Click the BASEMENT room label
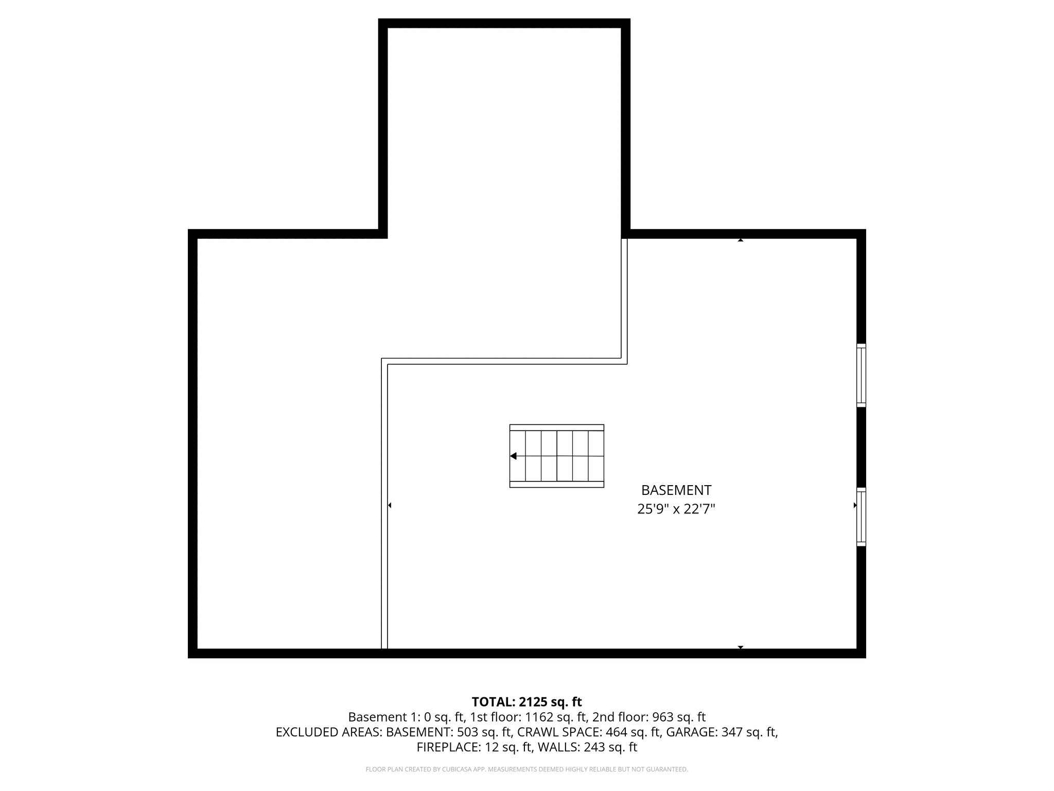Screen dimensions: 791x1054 click(676, 490)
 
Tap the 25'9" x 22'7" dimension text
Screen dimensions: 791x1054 click(676, 509)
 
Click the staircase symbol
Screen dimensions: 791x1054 click(556, 456)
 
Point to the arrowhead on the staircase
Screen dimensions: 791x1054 click(513, 456)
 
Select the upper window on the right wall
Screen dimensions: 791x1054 click(861, 375)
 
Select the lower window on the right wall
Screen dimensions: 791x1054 click(861, 517)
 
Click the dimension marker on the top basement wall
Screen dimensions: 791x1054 click(741, 240)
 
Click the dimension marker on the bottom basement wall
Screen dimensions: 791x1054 click(741, 647)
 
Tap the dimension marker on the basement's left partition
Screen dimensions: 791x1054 click(390, 505)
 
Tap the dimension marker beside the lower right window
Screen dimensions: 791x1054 click(855, 505)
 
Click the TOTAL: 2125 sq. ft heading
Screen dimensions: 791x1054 click(526, 701)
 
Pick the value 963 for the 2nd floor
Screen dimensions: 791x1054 click(663, 717)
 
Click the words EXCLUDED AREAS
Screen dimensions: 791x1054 click(328, 732)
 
